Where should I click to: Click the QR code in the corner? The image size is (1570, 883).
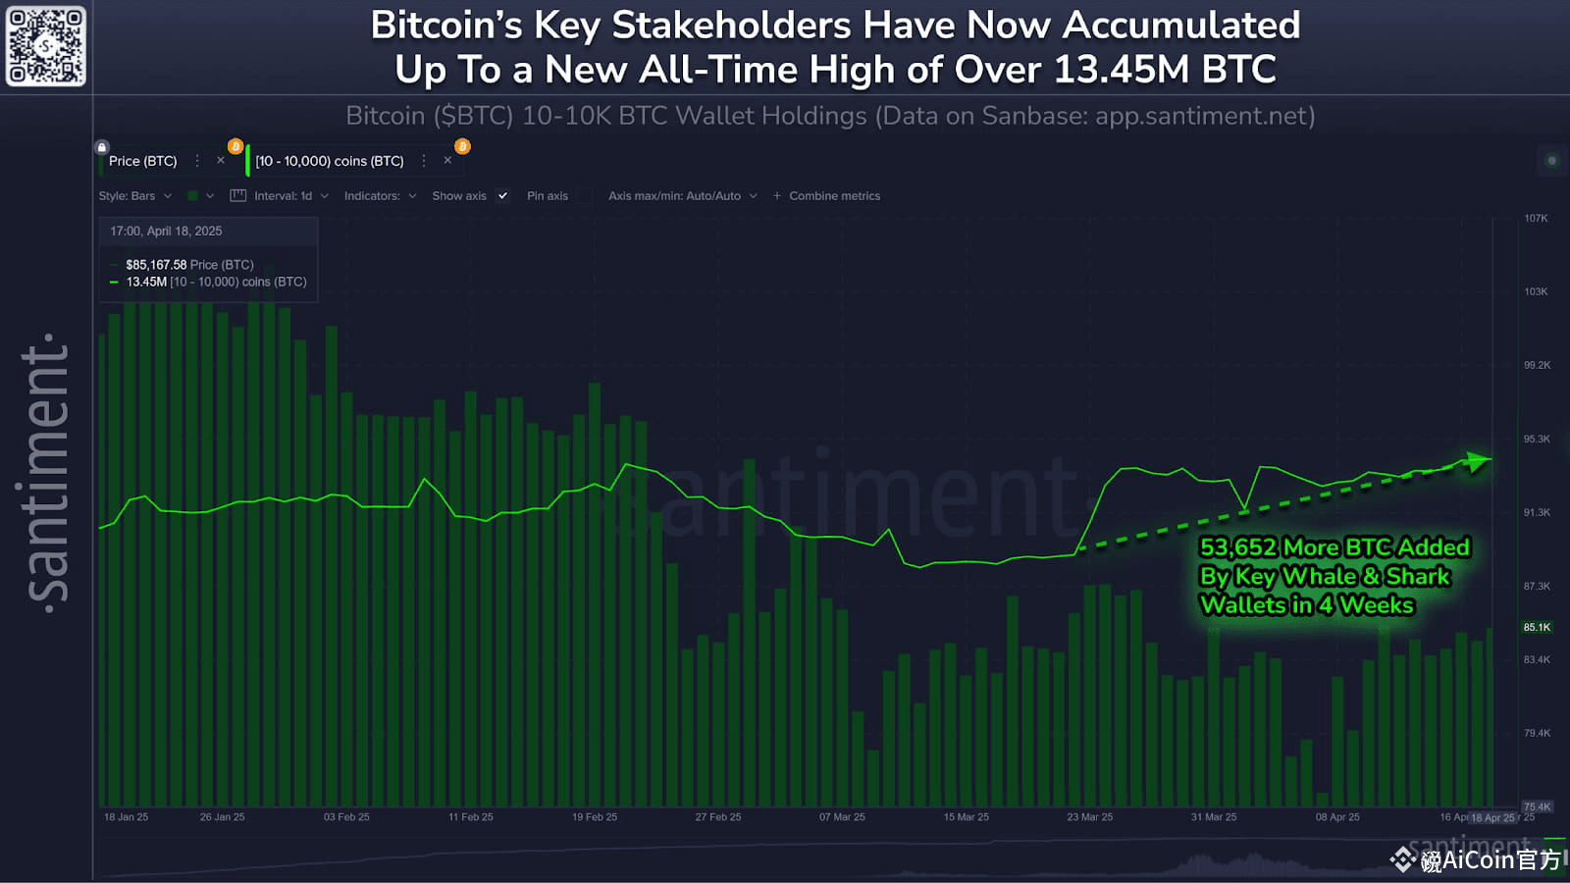46,46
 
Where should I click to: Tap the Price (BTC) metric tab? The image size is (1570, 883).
143,161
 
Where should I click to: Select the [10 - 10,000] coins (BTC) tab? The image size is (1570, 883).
330,161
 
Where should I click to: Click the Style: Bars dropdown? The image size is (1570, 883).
134,196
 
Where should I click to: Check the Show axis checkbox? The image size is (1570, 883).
503,196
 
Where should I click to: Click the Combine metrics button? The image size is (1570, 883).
833,196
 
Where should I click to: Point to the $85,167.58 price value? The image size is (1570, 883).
156,265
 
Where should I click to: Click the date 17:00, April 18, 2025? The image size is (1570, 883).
166,232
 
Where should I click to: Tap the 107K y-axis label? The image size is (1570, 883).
1536,219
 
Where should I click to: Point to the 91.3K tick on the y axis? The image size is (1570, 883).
1537,512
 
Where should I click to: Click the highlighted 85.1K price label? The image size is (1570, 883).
1537,627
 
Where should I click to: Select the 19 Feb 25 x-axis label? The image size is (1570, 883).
595,817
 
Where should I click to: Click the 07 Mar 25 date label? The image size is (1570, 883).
842,817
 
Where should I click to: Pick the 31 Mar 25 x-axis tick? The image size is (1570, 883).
1214,817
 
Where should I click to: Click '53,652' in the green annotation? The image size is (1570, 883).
1238,547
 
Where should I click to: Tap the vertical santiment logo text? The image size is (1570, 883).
47,471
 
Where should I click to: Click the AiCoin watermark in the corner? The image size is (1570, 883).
1477,860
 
